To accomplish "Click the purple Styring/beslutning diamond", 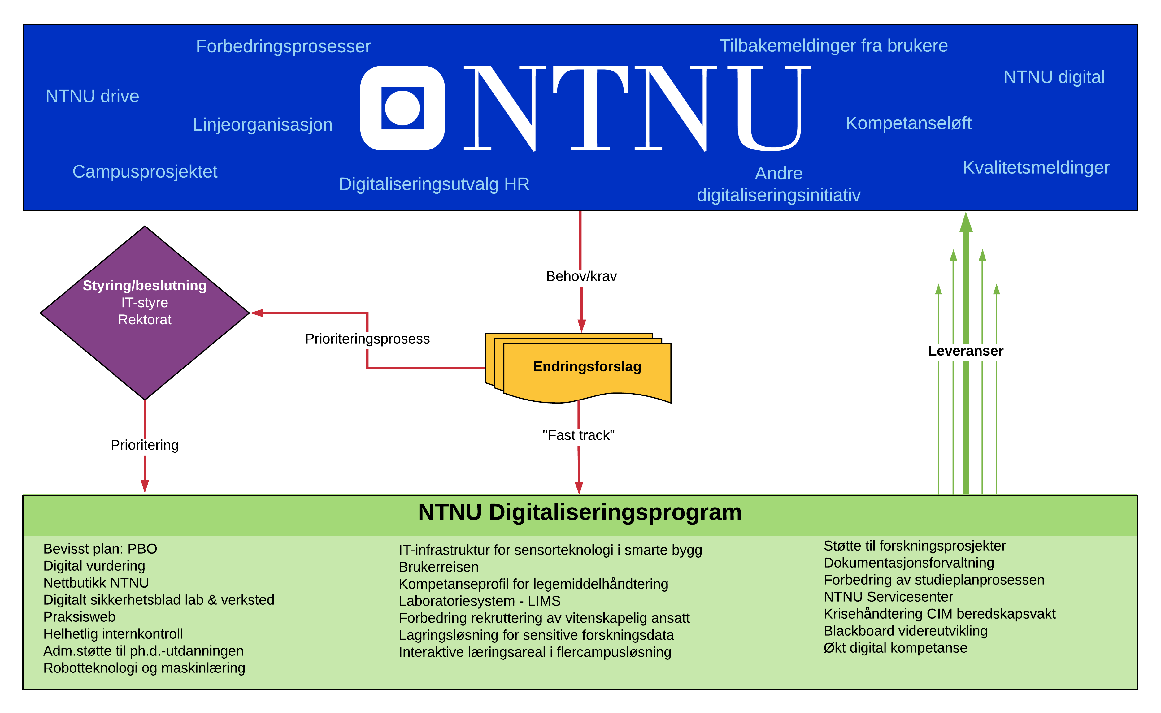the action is pos(145,313).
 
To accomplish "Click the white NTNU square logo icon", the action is pos(402,108).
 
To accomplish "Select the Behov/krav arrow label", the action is pos(581,276).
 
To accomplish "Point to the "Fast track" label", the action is pos(578,435).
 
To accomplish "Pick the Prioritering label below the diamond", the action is pos(145,445).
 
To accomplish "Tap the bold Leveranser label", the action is pos(966,351).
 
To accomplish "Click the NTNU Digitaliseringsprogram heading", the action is pos(580,512).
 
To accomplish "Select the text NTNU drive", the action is pos(93,96).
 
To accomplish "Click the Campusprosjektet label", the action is pos(145,172).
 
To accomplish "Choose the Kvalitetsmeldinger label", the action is pos(1036,168).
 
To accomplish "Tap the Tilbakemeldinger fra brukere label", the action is pos(834,46).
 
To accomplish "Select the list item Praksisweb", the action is pos(79,617).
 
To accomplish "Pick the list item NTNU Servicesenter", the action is pos(888,597).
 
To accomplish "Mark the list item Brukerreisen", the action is pos(439,567).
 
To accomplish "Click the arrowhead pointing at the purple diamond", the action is pos(257,313).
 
